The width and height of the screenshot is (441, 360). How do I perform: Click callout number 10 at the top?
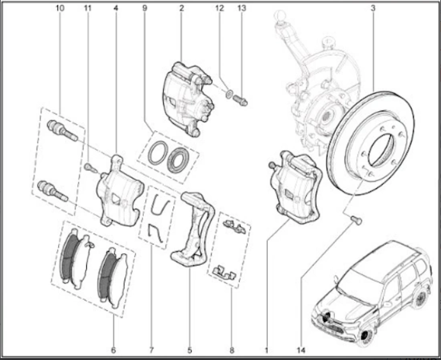[59, 8]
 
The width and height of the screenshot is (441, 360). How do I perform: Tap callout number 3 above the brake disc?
[373, 8]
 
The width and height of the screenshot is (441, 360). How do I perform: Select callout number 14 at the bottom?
[301, 350]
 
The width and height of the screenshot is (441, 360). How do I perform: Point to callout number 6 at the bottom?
[113, 350]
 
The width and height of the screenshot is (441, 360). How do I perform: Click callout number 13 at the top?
[242, 8]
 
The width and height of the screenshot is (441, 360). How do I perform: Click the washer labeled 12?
[229, 94]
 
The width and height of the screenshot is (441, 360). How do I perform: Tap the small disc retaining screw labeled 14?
[357, 219]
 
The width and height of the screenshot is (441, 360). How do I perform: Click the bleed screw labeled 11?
[91, 168]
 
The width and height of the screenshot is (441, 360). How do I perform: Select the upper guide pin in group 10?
[62, 130]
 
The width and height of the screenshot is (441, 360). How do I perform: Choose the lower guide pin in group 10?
[52, 191]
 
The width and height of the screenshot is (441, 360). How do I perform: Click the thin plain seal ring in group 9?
[157, 153]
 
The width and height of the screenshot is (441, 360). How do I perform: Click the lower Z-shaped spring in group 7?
[155, 233]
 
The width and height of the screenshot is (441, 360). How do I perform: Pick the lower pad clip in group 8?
[224, 272]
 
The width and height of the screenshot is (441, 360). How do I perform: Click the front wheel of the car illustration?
[366, 335]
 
